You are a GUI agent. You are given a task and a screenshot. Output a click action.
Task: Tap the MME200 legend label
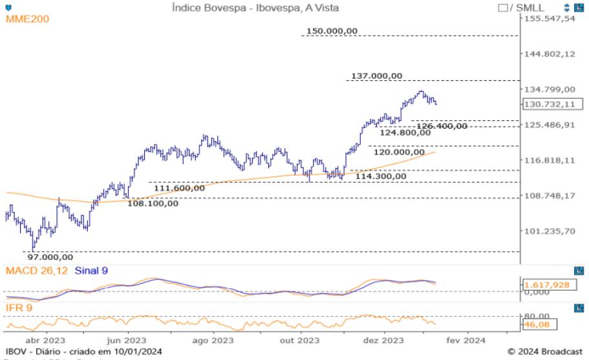(27, 19)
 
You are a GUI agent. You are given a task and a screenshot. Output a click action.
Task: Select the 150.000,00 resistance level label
(332, 30)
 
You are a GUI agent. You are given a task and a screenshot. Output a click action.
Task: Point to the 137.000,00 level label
(376, 76)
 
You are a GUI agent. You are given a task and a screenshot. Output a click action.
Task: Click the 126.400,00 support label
(441, 126)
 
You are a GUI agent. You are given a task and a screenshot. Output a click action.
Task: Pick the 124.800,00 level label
(405, 132)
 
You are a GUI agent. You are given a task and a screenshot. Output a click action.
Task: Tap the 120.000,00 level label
(402, 153)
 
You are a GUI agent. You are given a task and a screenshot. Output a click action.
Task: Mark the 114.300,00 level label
(381, 176)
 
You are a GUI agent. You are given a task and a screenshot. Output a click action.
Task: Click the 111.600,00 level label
(179, 188)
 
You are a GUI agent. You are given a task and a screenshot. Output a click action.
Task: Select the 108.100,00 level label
(153, 204)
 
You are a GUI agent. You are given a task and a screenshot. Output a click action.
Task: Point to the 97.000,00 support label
(50, 257)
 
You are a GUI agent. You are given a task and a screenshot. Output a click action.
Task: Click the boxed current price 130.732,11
(551, 104)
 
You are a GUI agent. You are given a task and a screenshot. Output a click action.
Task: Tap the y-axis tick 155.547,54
(550, 18)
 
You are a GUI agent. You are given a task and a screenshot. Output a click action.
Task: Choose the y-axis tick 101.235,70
(549, 231)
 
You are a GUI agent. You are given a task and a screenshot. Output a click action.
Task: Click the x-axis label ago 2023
(213, 340)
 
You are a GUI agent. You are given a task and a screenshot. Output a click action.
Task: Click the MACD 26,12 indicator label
(36, 270)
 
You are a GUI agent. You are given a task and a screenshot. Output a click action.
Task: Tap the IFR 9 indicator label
(19, 307)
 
